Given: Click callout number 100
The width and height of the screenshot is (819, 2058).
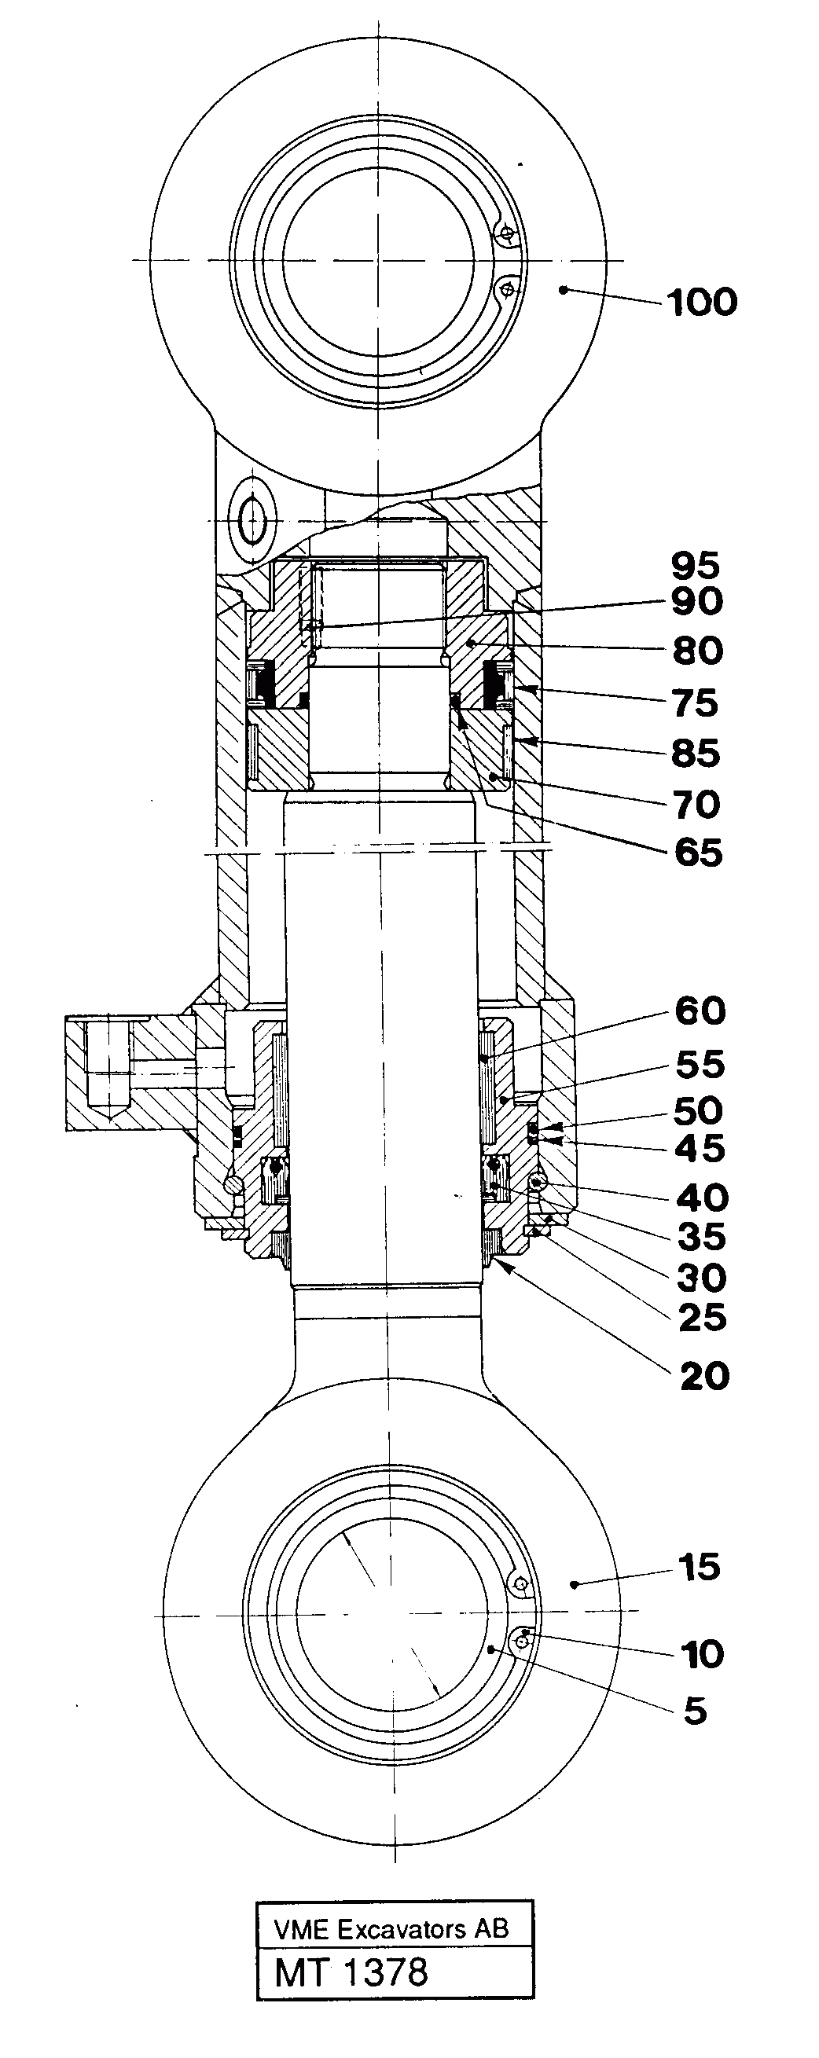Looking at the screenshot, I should point(702,303).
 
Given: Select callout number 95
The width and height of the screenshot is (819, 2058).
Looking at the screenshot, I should point(695,566).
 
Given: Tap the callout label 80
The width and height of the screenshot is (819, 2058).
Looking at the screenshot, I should point(696,651).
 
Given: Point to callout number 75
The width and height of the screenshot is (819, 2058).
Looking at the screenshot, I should point(695,704).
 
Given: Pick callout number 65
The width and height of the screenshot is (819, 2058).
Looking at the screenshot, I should point(697,853).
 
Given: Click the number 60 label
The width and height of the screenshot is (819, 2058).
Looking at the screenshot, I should point(700,1011).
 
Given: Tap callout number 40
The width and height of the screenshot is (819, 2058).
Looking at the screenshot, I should point(703,1198).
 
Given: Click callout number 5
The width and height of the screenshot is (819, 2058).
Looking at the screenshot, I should point(695,1711).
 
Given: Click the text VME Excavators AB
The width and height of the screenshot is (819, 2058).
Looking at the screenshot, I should point(391,1930).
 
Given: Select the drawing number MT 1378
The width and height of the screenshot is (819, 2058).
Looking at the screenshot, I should point(351,1972).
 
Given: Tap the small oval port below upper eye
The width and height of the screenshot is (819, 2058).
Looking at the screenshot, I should point(252,520).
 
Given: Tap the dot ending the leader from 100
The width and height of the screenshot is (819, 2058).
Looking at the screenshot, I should point(564,290).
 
